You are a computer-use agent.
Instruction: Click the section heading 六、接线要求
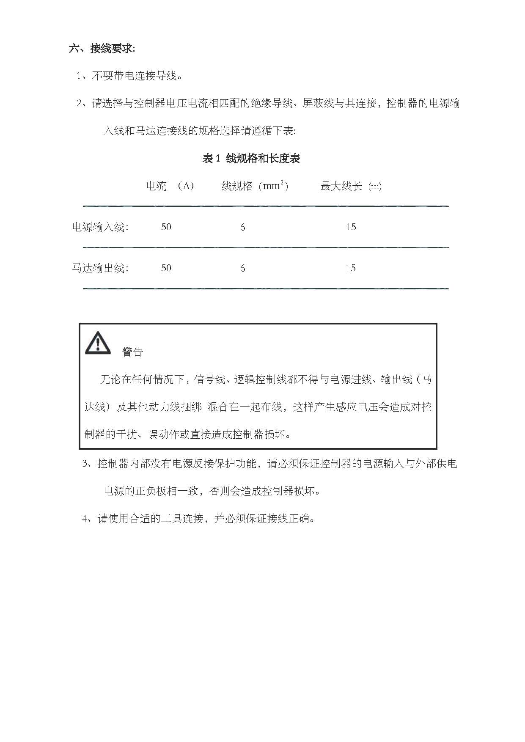[x=102, y=49]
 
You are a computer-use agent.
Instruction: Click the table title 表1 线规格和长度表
[x=251, y=159]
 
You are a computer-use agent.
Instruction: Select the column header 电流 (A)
[x=170, y=186]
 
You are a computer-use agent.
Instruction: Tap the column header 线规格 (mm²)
[x=255, y=186]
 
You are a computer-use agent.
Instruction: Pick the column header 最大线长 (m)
[x=351, y=186]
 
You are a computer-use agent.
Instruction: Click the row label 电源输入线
[x=100, y=227]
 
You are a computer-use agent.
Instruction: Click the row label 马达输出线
[x=100, y=268]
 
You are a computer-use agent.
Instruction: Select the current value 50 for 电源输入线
[x=166, y=227]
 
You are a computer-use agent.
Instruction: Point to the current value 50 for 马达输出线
[x=166, y=268]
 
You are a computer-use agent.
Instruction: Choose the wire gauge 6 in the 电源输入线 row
[x=242, y=228]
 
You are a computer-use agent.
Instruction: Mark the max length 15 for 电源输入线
[x=351, y=227]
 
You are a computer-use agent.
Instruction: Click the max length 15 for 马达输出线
[x=350, y=268]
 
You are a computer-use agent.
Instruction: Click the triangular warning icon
[x=98, y=343]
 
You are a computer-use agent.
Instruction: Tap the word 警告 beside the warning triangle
[x=132, y=352]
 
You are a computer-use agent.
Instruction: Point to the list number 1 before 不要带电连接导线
[x=79, y=76]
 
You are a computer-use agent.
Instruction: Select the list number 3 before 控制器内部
[x=85, y=464]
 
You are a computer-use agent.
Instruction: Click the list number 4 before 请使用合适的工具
[x=85, y=519]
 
